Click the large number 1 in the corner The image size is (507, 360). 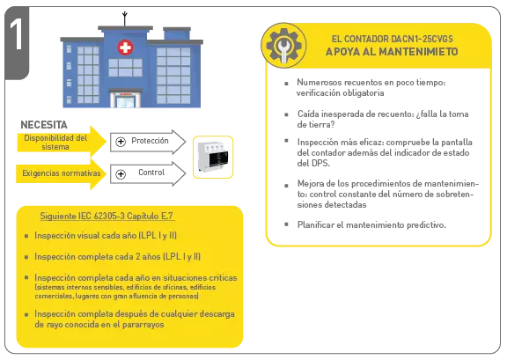pos(16,34)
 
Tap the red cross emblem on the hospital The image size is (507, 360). pos(125,48)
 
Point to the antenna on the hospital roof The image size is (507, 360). pos(125,18)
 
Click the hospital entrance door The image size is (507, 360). pos(125,100)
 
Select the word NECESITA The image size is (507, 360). pos(44,124)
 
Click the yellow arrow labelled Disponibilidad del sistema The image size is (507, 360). pos(62,142)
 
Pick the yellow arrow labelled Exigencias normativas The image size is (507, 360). pos(62,173)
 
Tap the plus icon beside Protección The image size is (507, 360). pos(121,142)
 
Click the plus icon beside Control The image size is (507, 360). pos(121,174)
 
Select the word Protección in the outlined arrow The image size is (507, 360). pos(150,141)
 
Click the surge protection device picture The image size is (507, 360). pos(213,158)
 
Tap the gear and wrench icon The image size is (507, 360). pos(284,45)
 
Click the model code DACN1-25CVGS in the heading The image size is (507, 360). pos(421,39)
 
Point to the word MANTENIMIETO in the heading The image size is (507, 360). pos(418,52)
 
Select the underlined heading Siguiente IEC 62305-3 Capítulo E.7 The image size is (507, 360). pos(107,216)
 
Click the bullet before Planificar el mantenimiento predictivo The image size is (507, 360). pos(286,224)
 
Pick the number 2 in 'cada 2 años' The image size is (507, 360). pos(138,256)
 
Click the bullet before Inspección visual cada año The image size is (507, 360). pos(26,236)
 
